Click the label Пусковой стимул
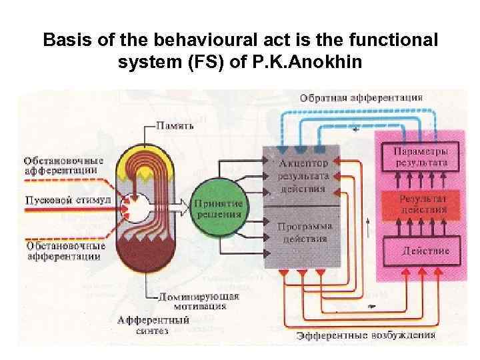pyautogui.click(x=59, y=199)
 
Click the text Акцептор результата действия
pyautogui.click(x=303, y=175)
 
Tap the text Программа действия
pyautogui.click(x=303, y=232)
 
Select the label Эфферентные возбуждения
pyautogui.click(x=367, y=335)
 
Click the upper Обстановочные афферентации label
pyautogui.click(x=63, y=165)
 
